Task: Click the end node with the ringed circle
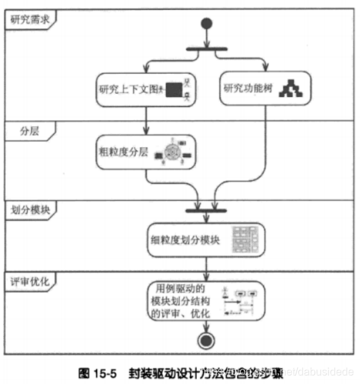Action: click(x=205, y=341)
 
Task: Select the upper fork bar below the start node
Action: click(x=205, y=48)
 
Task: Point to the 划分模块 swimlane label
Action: click(x=29, y=209)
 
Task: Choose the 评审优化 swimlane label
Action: click(x=29, y=281)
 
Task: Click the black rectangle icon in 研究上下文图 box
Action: click(x=174, y=88)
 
